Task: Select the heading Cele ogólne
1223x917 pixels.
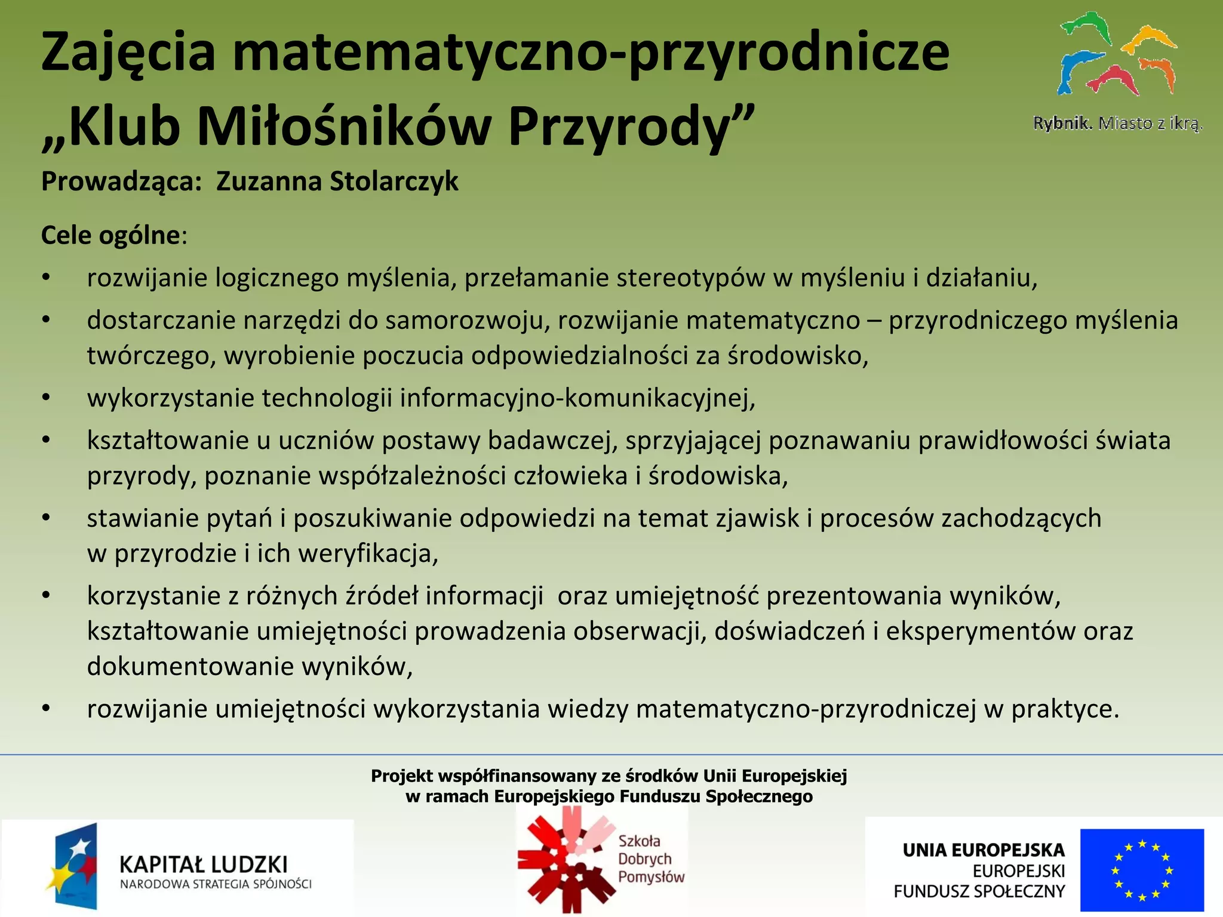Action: [x=110, y=235]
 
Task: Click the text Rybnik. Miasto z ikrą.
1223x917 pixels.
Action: [x=1117, y=124]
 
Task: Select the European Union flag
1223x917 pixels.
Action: [x=1142, y=869]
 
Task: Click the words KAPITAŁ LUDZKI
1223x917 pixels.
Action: [x=204, y=864]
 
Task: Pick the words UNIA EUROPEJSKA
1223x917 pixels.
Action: [x=984, y=850]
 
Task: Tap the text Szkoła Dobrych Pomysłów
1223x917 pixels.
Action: [x=650, y=859]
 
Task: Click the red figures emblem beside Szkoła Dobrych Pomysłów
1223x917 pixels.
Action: [x=565, y=860]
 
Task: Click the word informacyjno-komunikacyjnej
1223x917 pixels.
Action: [x=577, y=398]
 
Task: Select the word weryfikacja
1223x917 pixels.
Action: [x=368, y=553]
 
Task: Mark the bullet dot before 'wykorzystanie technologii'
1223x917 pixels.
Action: [x=46, y=398]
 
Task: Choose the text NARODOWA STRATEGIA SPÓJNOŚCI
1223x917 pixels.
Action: [x=216, y=884]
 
